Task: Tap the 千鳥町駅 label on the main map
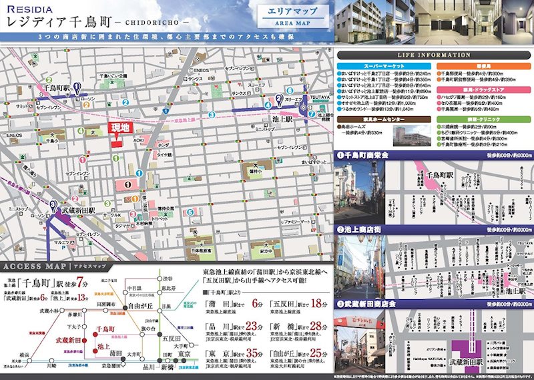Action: (x=57, y=87)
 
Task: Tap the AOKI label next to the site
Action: (x=138, y=140)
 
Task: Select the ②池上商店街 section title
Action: (x=361, y=229)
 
